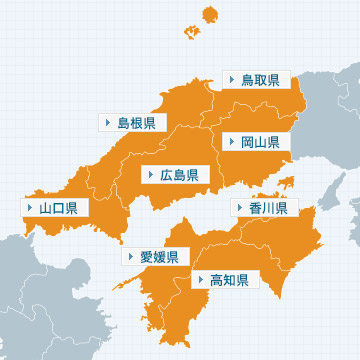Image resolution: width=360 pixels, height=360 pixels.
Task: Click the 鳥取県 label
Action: pos(261,79)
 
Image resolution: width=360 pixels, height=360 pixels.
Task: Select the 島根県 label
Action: pos(136,123)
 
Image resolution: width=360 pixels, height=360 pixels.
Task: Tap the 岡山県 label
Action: pos(261,142)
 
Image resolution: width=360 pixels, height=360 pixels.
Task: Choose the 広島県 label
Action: pos(178,175)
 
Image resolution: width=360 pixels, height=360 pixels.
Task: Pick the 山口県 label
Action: pos(59,209)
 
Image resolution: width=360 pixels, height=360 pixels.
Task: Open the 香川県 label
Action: pos(268,208)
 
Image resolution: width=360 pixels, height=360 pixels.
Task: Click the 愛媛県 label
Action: pos(159,257)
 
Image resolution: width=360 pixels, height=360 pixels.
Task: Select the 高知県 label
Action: pos(229,279)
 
